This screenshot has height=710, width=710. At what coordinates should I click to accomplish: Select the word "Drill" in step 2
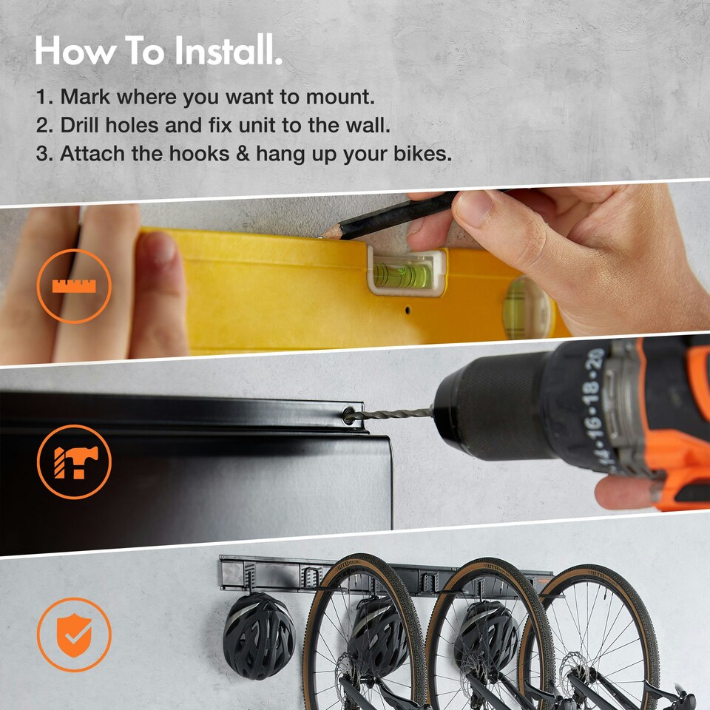point(80,126)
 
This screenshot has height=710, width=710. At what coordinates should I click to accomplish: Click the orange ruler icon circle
point(74,285)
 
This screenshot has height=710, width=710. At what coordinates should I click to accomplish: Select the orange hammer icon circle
point(74,461)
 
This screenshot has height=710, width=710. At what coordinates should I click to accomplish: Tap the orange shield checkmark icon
point(74,634)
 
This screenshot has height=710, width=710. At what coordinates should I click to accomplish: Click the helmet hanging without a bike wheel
point(259,635)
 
